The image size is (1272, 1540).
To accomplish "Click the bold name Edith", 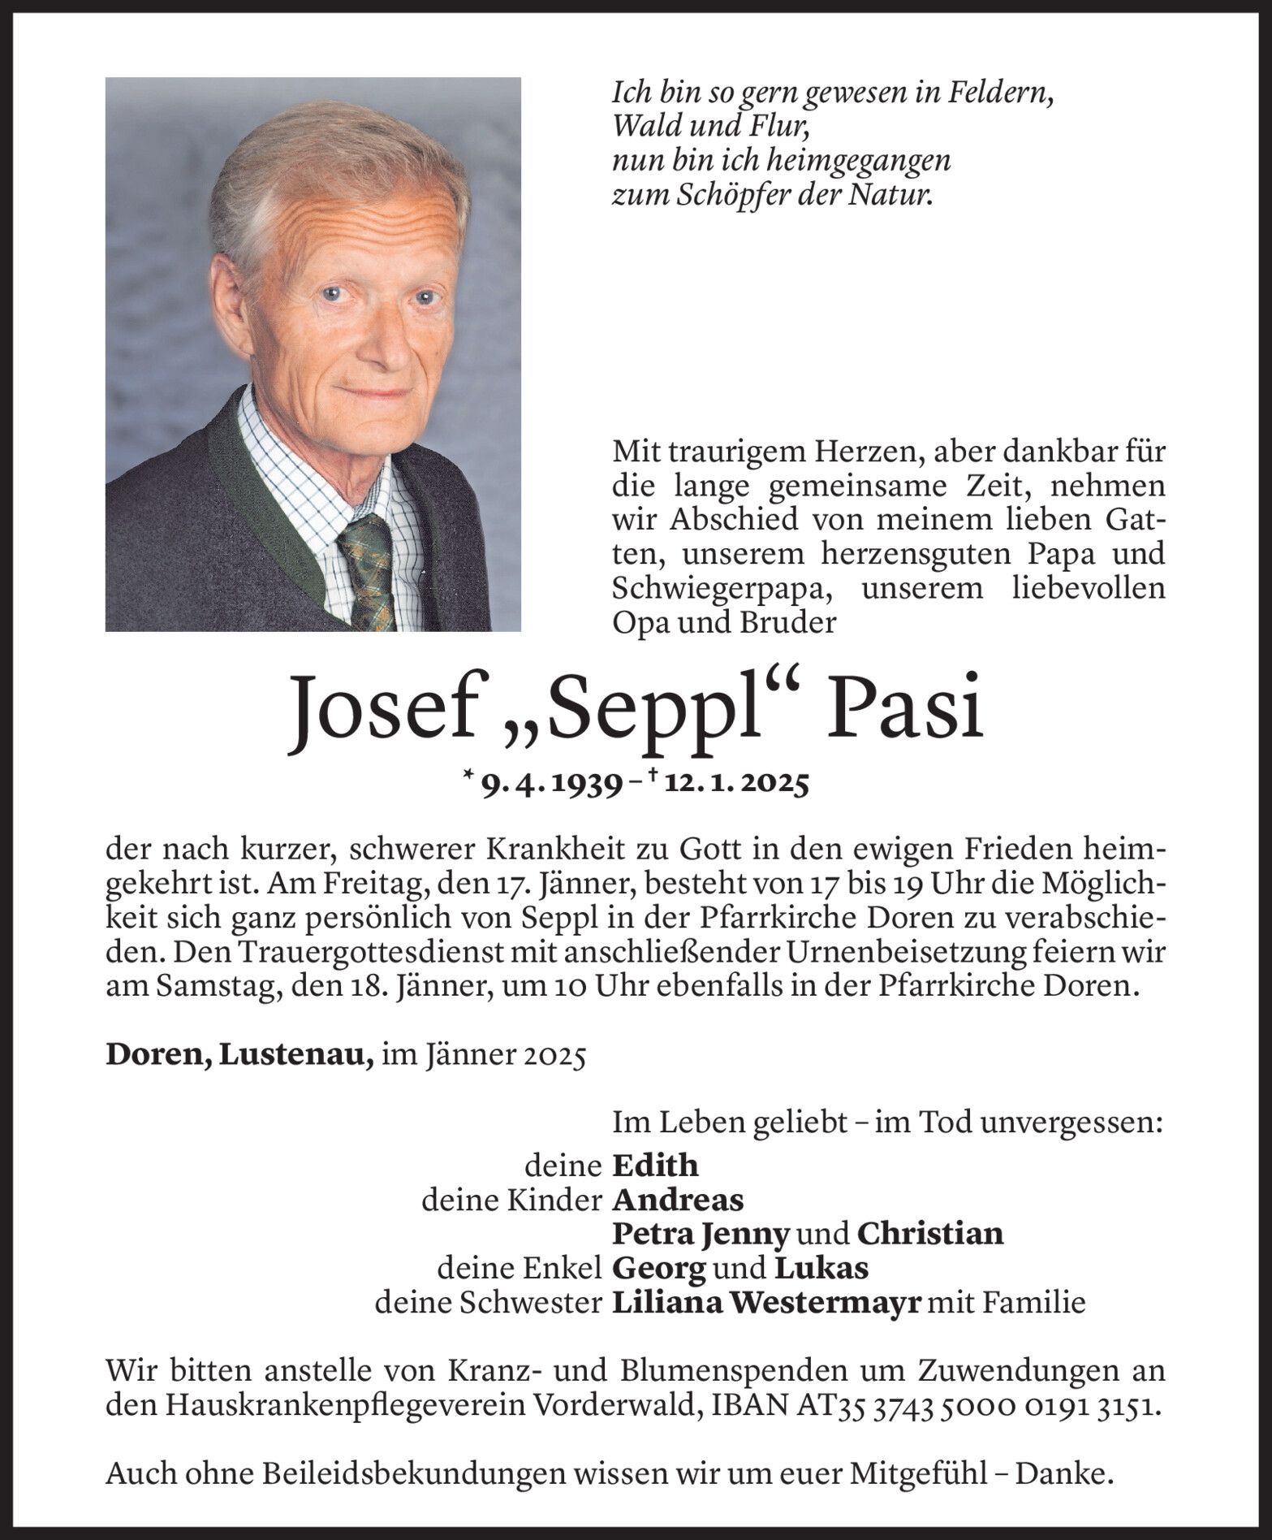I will point(654,1166).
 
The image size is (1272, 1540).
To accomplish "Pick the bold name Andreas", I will point(677,1200).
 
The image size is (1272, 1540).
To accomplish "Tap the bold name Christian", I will point(929,1234).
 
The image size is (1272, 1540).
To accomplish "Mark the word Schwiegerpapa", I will point(714,589).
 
